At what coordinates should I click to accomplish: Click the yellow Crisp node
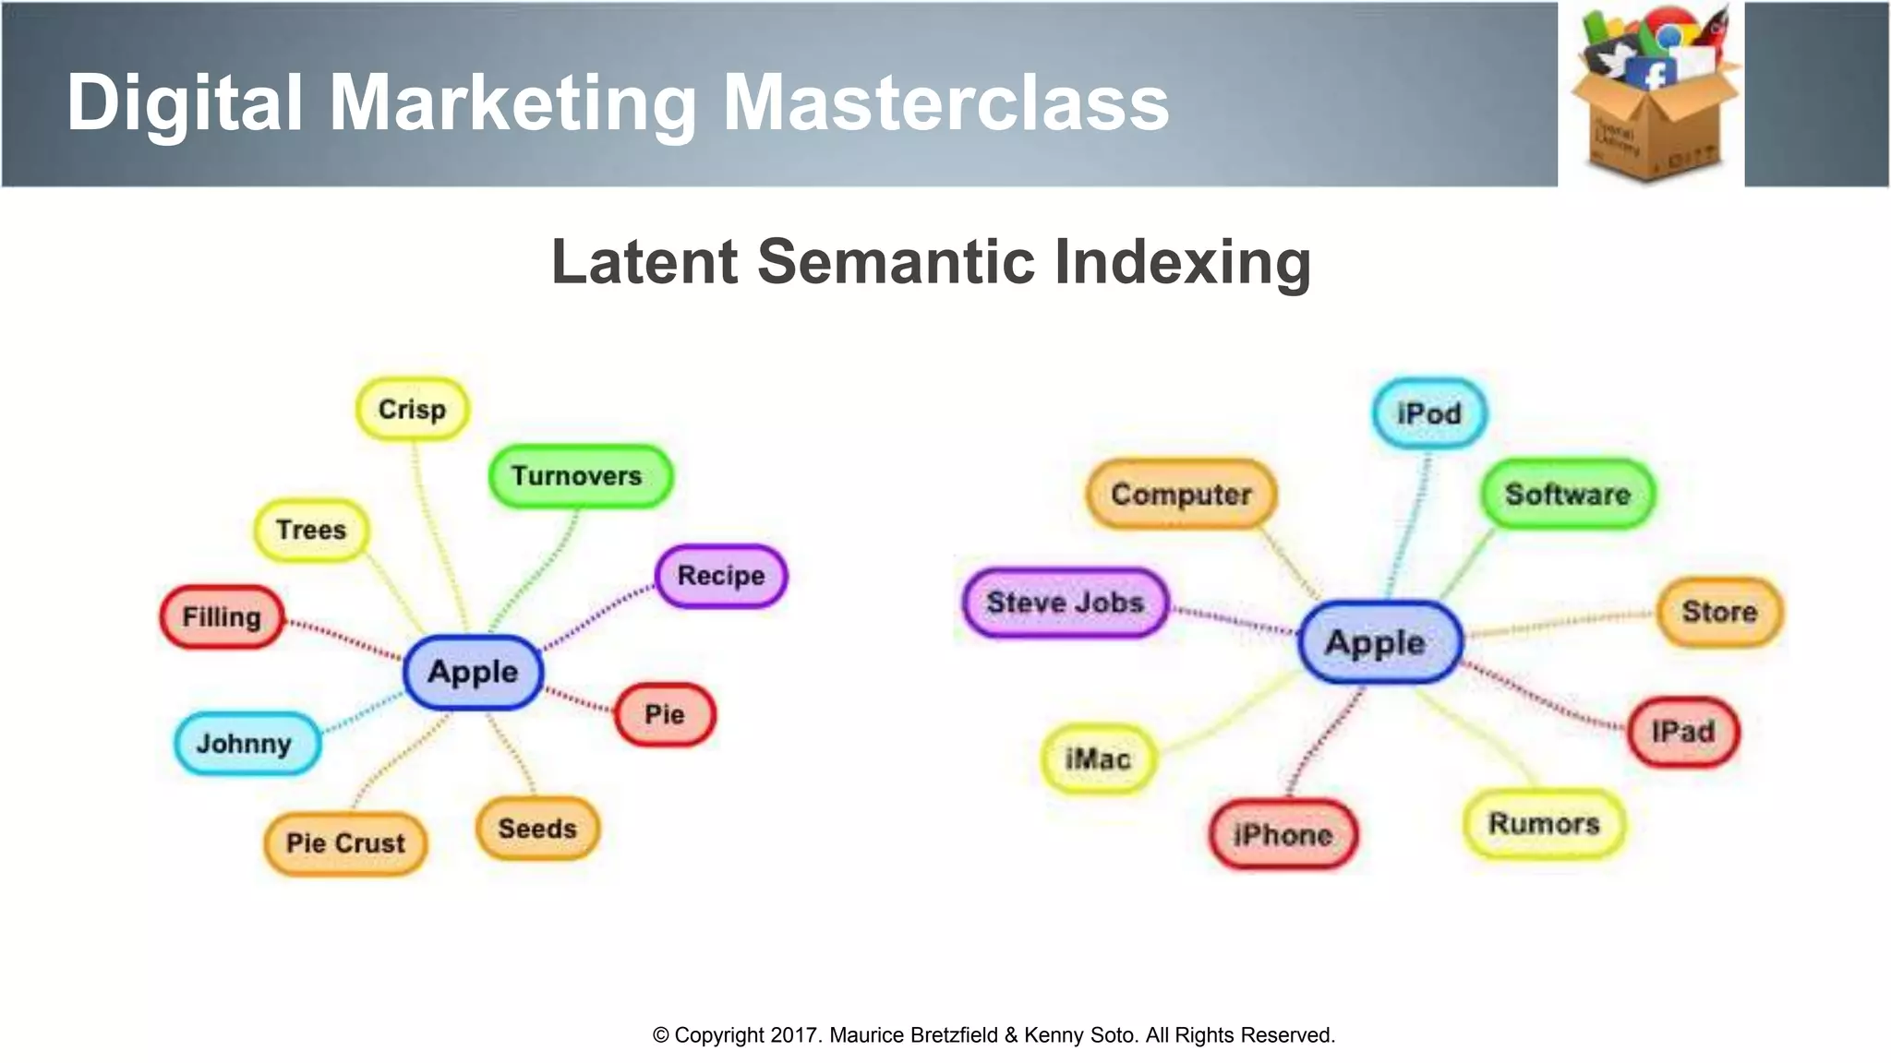[x=412, y=409]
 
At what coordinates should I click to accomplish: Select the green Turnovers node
[x=579, y=476]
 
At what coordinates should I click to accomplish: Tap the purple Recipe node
[x=721, y=576]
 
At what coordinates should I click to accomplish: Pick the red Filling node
[x=222, y=616]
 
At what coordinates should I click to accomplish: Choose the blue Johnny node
[x=246, y=743]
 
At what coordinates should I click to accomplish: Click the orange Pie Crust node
[x=345, y=842]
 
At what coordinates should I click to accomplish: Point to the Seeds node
[x=537, y=829]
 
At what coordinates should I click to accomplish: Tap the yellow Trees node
[x=311, y=530]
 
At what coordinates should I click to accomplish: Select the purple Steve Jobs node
[x=1065, y=603]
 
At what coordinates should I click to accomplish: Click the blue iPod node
[x=1429, y=413]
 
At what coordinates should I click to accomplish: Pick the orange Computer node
[x=1181, y=495]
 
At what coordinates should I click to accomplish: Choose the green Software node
[x=1568, y=495]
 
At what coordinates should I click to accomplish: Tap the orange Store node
[x=1719, y=612]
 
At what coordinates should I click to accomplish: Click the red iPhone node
[x=1283, y=835]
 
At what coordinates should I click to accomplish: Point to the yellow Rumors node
[x=1544, y=823]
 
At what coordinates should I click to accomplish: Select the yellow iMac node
[x=1098, y=759]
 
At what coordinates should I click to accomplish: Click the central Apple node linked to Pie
[x=473, y=672]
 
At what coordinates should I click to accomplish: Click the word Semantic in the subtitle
[x=896, y=262]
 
